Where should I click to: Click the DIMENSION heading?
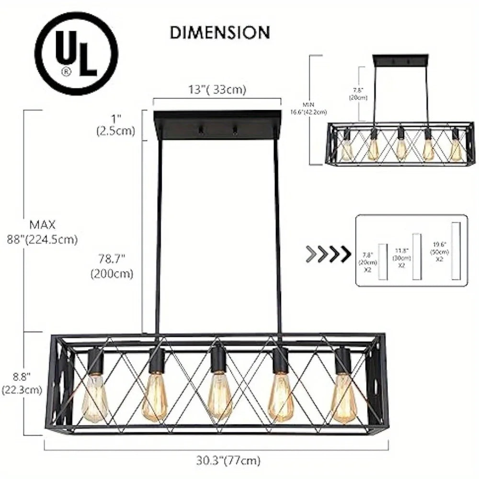[x=220, y=32]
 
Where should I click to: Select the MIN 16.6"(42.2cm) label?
[x=314, y=109]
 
